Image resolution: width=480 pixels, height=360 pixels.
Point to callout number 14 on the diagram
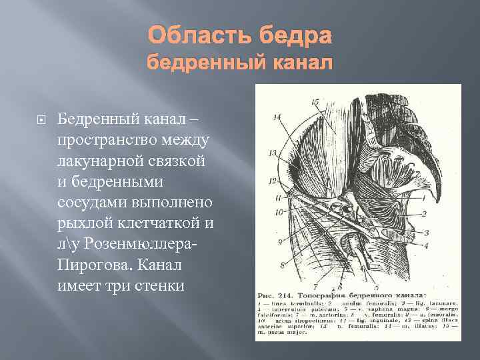[x=275, y=118]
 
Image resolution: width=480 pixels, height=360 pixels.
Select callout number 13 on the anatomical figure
[x=273, y=153]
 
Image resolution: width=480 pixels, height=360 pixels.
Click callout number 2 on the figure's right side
[x=424, y=215]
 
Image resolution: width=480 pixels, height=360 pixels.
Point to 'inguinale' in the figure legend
[x=367, y=319]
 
